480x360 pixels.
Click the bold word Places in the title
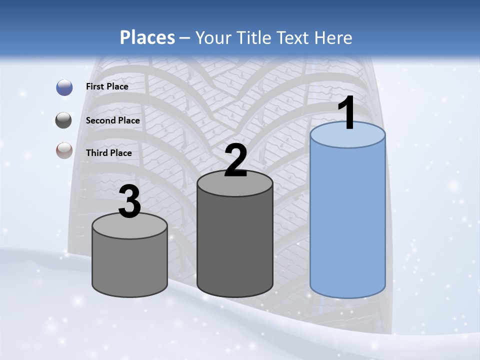(147, 37)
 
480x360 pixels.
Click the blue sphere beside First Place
(64, 87)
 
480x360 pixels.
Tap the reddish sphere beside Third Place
(64, 150)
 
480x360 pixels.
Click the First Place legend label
(107, 86)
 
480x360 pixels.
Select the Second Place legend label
(113, 120)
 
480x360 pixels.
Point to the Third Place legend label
(109, 153)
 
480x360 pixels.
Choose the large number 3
(129, 202)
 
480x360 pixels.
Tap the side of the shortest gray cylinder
(129, 265)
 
